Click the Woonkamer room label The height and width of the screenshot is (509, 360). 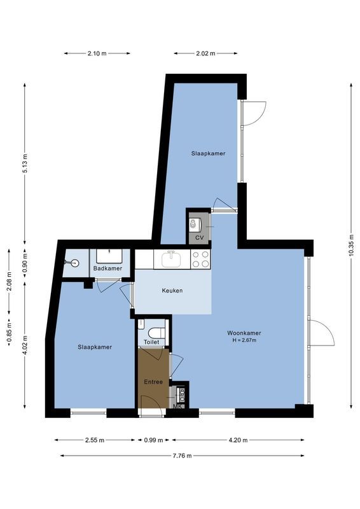[x=244, y=333]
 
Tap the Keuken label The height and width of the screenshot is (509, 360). [x=172, y=291]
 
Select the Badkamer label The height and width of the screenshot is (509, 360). [x=107, y=268]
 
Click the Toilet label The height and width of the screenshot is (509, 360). [x=151, y=342]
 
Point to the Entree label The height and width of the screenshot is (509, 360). [x=153, y=382]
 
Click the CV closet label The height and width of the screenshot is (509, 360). [x=199, y=237]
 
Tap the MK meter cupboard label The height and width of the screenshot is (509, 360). [x=179, y=405]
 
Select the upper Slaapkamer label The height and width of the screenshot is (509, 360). [x=208, y=153]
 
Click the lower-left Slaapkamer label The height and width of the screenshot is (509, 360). [x=95, y=347]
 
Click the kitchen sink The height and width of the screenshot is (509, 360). [x=170, y=258]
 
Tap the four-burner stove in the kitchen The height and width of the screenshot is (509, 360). [x=200, y=258]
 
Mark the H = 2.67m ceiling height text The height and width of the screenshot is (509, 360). [x=244, y=340]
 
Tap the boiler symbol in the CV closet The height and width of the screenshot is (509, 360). [x=195, y=224]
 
